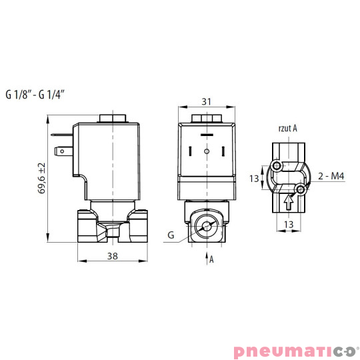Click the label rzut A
pos(287,128)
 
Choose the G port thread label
pos(171,235)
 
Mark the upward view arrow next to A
pos(205,256)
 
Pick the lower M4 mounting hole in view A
pos(301,191)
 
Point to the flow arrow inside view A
pos(289,199)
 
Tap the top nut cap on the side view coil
pos(113,120)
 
